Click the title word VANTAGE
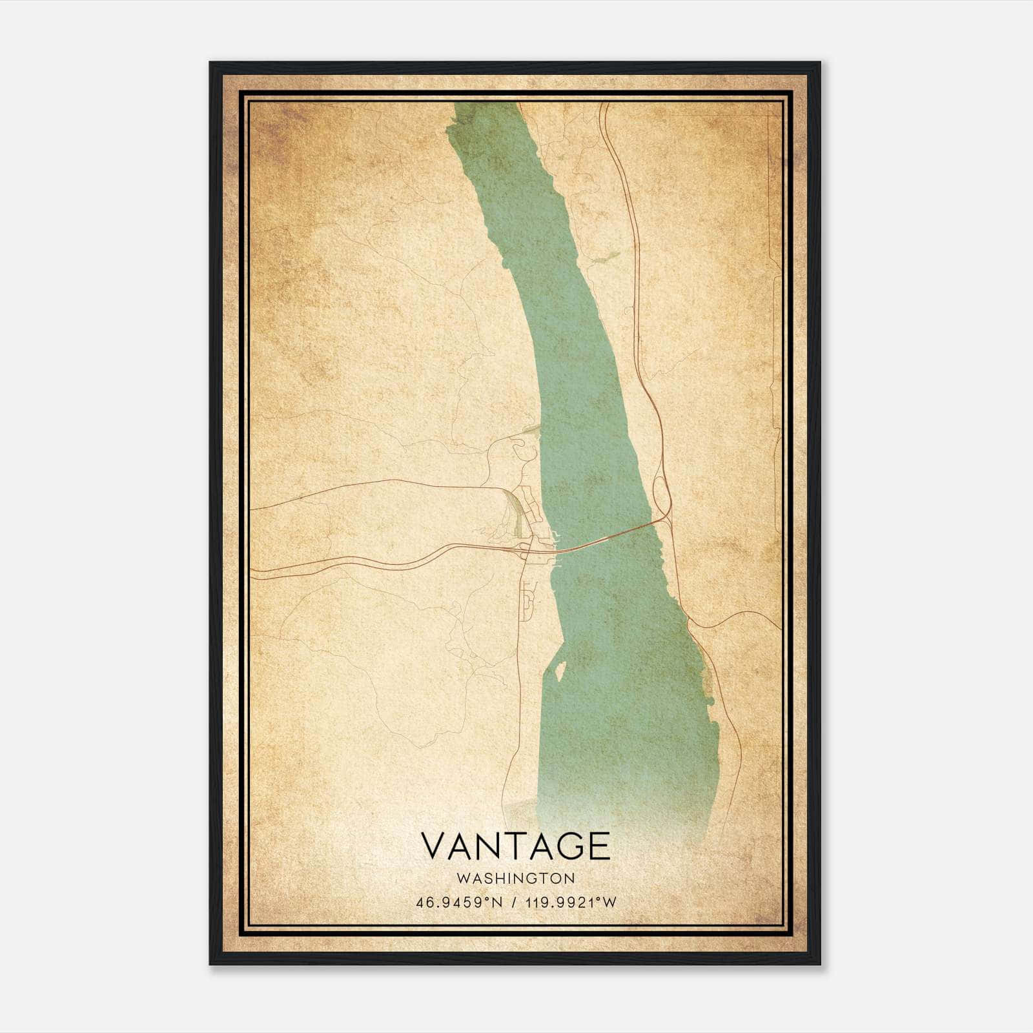point(515,846)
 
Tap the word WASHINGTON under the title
point(515,878)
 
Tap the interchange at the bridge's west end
point(526,549)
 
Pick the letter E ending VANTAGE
point(600,846)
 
